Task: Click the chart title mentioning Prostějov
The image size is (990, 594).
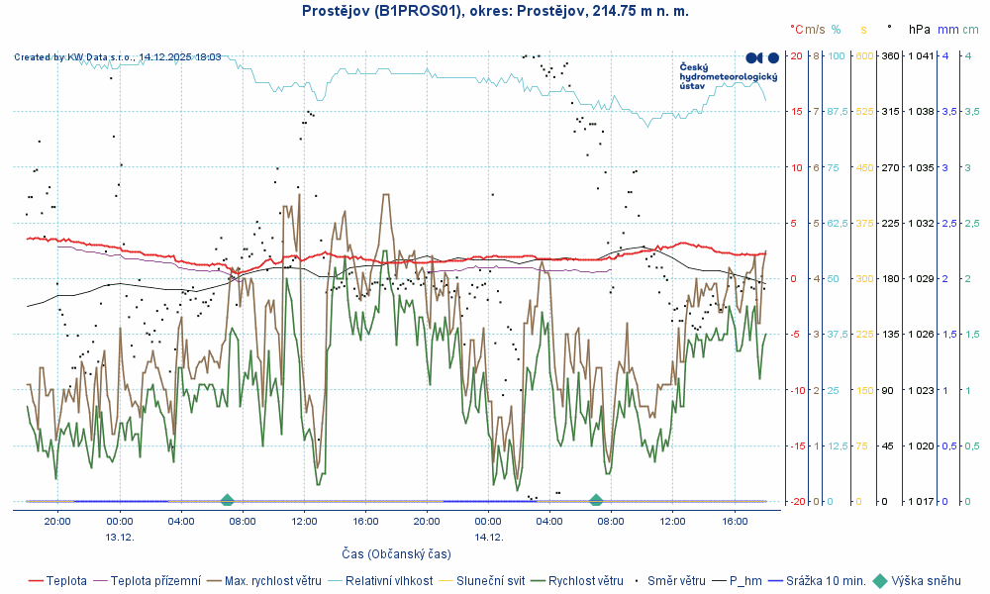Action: tap(495, 11)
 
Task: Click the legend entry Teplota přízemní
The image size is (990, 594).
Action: tap(155, 581)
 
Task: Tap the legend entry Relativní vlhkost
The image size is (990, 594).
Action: tap(388, 581)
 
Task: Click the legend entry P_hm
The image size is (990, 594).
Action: tap(746, 581)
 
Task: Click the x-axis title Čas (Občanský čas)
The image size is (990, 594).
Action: tap(396, 553)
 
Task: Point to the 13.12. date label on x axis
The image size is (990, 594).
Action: tap(120, 537)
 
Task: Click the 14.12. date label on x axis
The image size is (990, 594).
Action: tap(489, 537)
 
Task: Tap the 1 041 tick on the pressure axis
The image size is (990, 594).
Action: tap(921, 55)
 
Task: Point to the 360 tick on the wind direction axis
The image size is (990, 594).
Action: tap(889, 55)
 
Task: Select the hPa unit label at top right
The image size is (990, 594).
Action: tap(920, 30)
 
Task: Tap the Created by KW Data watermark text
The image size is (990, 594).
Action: tap(118, 57)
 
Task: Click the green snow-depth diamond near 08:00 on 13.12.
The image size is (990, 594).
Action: tap(227, 500)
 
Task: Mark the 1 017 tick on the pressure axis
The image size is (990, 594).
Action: tap(921, 501)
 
